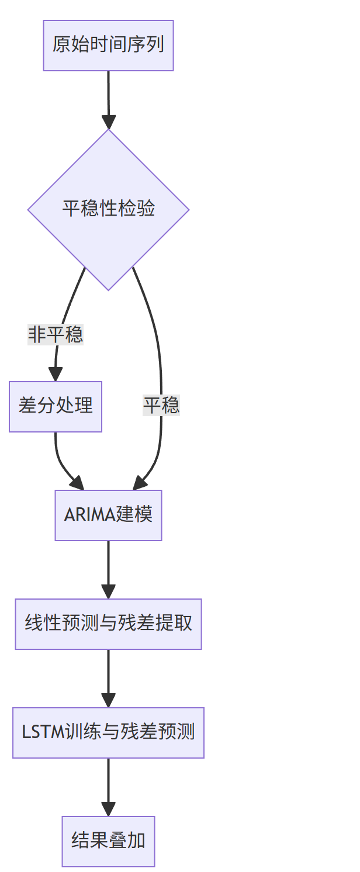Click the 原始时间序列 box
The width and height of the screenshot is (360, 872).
click(x=108, y=46)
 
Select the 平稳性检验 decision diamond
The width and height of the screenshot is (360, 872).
click(x=108, y=209)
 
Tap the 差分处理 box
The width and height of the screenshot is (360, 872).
click(x=56, y=407)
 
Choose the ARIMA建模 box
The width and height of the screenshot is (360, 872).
click(x=108, y=515)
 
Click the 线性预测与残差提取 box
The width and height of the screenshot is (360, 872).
click(x=108, y=624)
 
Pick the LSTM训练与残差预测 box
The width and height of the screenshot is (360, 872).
click(x=108, y=732)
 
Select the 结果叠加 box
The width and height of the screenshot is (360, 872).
click(x=108, y=841)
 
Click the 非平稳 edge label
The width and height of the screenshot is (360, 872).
click(x=56, y=335)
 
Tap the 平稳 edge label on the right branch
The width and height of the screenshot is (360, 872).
click(x=161, y=405)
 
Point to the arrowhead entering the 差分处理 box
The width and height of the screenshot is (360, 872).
click(x=56, y=374)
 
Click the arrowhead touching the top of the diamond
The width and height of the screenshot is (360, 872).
click(x=108, y=122)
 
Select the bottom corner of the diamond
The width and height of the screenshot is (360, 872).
click(x=108, y=289)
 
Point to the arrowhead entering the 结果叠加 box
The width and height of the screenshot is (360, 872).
click(x=108, y=809)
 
